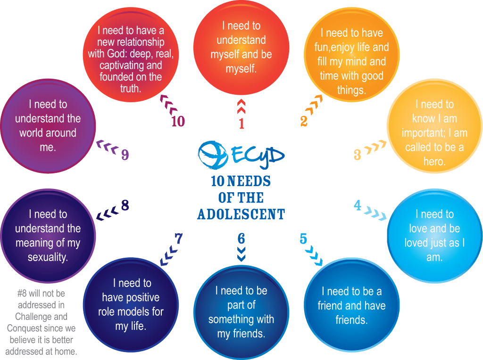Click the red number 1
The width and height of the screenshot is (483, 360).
click(x=241, y=123)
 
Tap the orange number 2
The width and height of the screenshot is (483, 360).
click(x=304, y=121)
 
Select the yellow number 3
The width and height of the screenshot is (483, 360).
click(x=358, y=154)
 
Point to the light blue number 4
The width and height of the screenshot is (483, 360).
click(x=358, y=205)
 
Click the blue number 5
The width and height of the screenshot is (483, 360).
click(x=303, y=239)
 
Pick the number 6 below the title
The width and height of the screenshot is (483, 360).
click(x=241, y=238)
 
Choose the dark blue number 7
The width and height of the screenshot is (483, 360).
click(x=179, y=239)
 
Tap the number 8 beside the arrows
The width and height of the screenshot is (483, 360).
click(x=125, y=205)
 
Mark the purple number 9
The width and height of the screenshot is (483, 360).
click(x=125, y=155)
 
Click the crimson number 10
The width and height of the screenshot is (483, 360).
click(x=178, y=122)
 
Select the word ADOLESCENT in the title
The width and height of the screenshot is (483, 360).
click(x=241, y=214)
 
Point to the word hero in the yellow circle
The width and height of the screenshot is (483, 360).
click(x=434, y=162)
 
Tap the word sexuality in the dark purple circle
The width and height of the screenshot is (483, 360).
click(x=48, y=258)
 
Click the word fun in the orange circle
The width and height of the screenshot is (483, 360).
click(x=324, y=48)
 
